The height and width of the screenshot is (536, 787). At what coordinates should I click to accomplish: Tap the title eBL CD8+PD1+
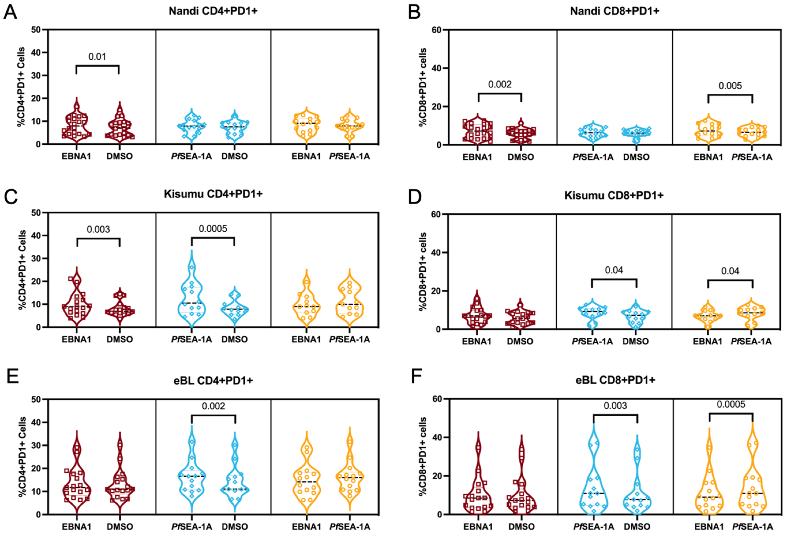pos(616,380)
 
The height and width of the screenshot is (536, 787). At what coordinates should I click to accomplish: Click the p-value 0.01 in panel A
pos(97,57)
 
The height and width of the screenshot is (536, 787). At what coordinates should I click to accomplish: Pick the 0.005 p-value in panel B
pos(730,86)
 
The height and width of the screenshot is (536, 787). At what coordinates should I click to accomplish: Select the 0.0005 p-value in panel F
pos(731,404)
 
